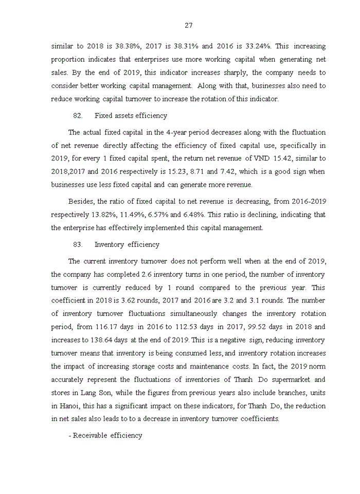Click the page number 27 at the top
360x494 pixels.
188,25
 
